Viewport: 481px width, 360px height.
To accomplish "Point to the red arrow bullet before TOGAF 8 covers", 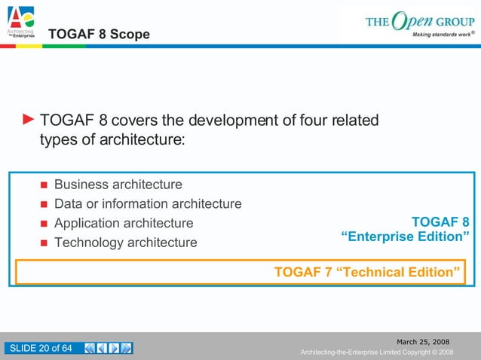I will [x=28, y=119].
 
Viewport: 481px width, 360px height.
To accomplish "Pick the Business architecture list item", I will [x=118, y=185].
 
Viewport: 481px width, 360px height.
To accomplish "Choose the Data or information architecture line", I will [x=148, y=204].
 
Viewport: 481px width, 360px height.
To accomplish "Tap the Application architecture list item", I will [x=124, y=224].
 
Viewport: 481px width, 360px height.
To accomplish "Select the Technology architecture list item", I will [x=125, y=243].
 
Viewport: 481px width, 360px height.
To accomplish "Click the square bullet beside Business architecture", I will [x=43, y=185].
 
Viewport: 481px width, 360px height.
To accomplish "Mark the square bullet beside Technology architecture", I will [x=43, y=243].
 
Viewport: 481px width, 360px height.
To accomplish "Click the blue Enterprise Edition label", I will [x=406, y=237].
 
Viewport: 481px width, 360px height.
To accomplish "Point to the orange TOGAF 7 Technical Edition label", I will [x=367, y=272].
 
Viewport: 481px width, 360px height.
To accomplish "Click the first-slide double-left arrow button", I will [x=90, y=348].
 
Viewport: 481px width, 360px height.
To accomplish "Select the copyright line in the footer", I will [x=376, y=352].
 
